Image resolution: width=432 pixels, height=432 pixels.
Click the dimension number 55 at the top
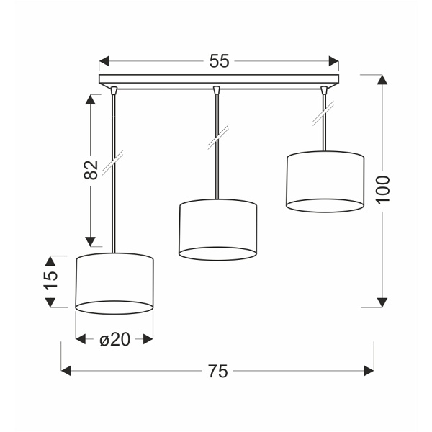[219, 61]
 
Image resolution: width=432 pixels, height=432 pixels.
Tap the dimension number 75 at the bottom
[217, 372]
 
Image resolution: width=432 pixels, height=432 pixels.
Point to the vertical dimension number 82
[91, 170]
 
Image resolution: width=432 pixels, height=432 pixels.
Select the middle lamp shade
[217, 229]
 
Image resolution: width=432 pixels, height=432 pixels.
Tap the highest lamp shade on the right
[324, 182]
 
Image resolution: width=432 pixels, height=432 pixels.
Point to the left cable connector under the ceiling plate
[114, 90]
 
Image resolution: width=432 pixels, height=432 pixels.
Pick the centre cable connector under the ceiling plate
[217, 90]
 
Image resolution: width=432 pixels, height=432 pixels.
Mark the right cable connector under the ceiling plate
[323, 90]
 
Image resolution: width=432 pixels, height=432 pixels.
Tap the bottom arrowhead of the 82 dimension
[91, 241]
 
